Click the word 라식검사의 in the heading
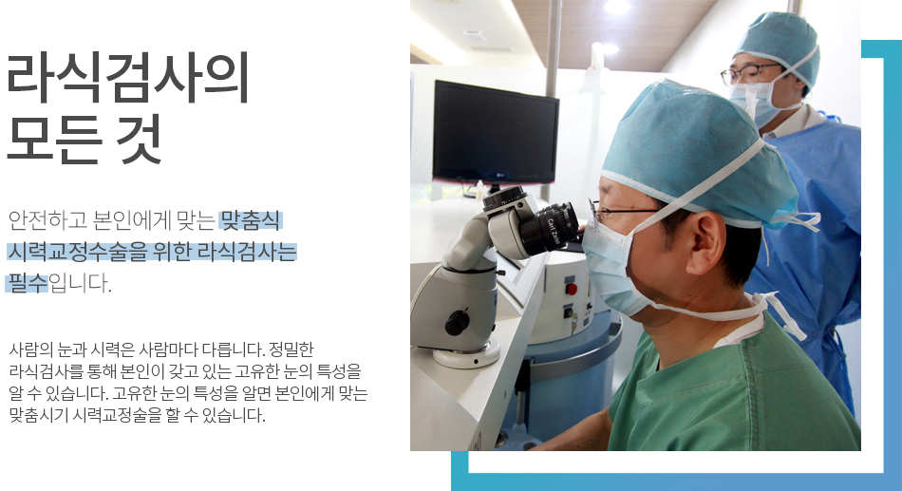pos(127,77)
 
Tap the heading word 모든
pos(54,139)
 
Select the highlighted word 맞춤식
pos(251,220)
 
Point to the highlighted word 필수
pos(28,283)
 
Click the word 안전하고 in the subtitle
pos(47,220)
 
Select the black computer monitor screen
pos(496,132)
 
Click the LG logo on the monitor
pos(499,175)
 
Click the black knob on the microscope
pos(458,322)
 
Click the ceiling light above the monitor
pos(616,7)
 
